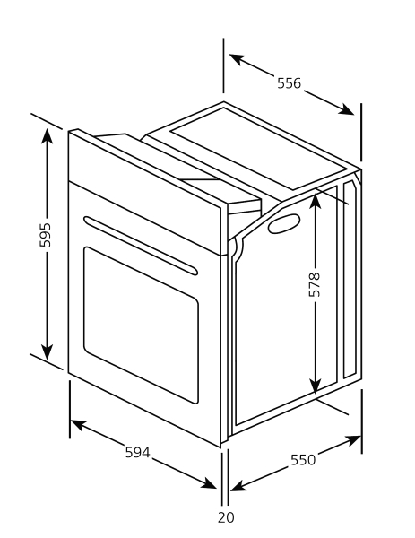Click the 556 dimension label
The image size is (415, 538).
point(289,83)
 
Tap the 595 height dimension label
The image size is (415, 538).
point(46,235)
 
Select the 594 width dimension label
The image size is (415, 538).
point(137,452)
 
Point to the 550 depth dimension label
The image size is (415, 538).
point(303,460)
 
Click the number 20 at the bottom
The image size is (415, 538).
point(226,517)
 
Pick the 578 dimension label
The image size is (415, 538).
point(315,284)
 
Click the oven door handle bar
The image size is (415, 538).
point(141,246)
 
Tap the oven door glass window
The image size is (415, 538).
point(141,325)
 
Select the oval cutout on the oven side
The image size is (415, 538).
point(284,223)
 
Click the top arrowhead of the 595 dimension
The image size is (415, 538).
point(47,136)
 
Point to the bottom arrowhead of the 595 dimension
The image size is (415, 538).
point(47,351)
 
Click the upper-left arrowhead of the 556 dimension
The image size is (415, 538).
point(238,59)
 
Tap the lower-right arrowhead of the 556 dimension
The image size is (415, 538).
point(345,109)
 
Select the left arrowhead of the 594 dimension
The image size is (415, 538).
point(79,425)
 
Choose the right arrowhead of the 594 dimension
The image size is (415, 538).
point(208,483)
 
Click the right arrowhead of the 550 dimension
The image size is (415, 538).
point(353,440)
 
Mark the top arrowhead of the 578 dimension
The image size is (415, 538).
point(315,202)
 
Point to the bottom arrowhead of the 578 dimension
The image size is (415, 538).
point(315,385)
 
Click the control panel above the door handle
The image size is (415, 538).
point(144,192)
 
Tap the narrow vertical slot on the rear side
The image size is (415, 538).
point(350,279)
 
